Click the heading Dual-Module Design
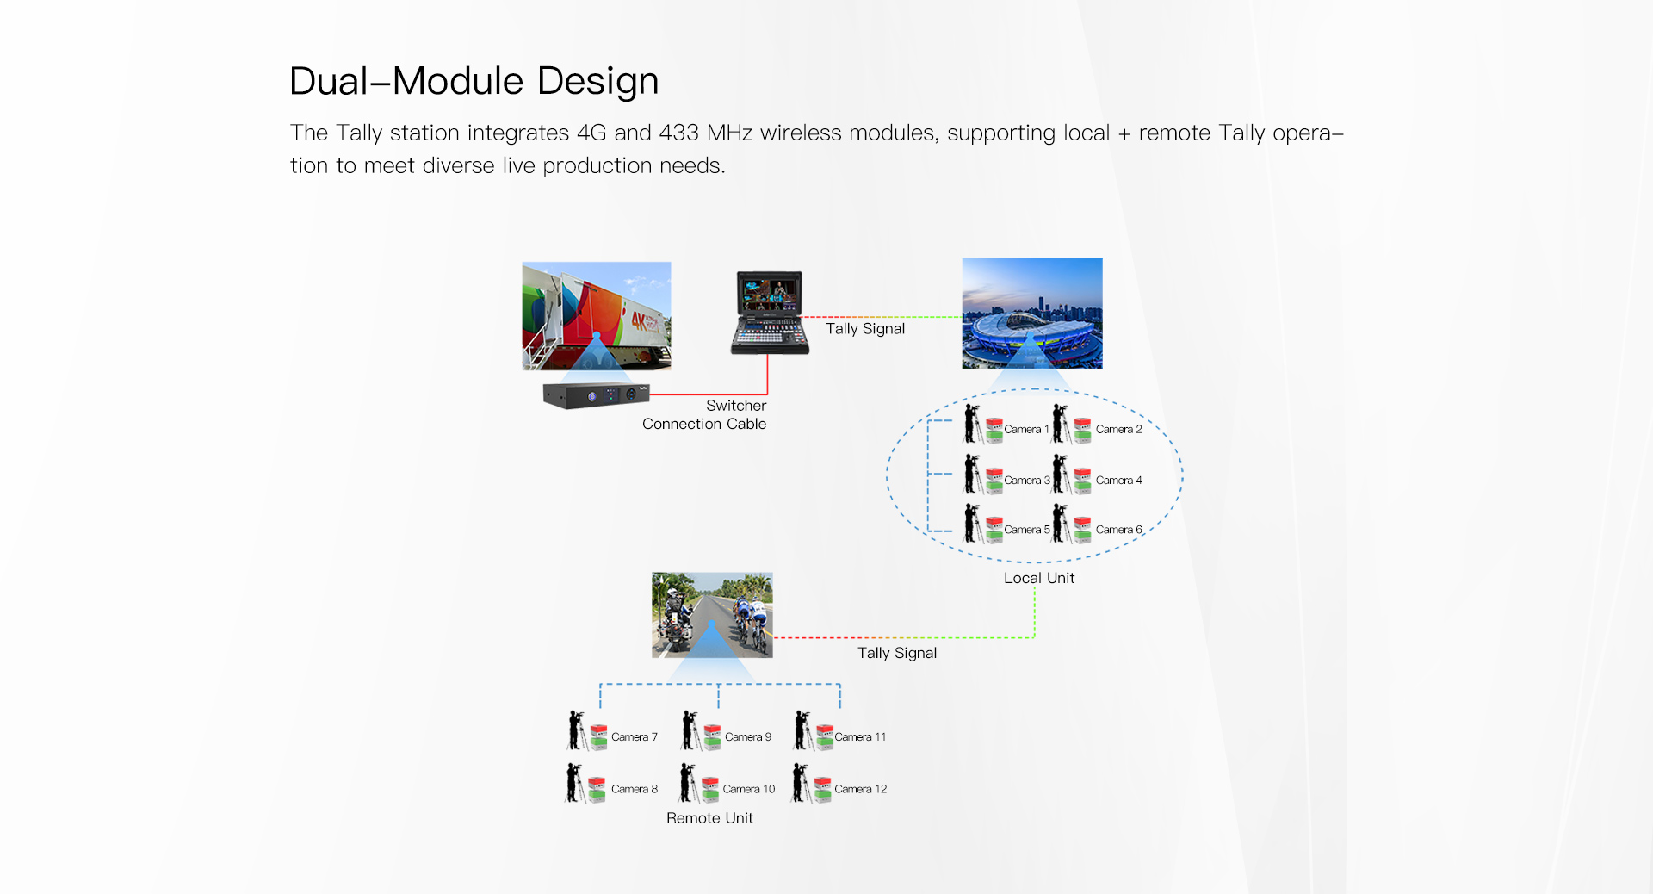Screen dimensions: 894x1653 [x=474, y=82]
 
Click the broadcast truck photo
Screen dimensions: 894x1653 [x=596, y=315]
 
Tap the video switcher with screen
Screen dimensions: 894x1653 [x=770, y=313]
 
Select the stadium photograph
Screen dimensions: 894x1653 [x=1031, y=314]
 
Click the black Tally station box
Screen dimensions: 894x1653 [x=596, y=395]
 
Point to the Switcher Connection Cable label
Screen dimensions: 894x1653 [x=704, y=414]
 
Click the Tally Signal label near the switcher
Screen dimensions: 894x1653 [x=865, y=329]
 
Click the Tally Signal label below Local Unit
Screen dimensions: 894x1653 [x=897, y=653]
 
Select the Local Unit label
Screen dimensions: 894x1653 [x=1039, y=578]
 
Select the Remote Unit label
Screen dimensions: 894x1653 [x=709, y=818]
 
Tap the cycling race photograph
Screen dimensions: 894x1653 [x=712, y=615]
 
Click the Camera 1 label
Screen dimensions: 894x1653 [x=1026, y=429]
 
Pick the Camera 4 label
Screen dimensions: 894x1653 [x=1118, y=481]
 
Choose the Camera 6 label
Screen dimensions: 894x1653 [x=1118, y=530]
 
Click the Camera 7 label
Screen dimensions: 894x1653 [x=634, y=737]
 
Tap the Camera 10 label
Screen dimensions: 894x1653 [x=748, y=789]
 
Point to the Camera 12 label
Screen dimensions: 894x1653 [x=860, y=789]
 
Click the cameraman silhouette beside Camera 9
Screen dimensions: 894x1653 [x=690, y=730]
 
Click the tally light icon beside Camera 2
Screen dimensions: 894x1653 [x=1083, y=430]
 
